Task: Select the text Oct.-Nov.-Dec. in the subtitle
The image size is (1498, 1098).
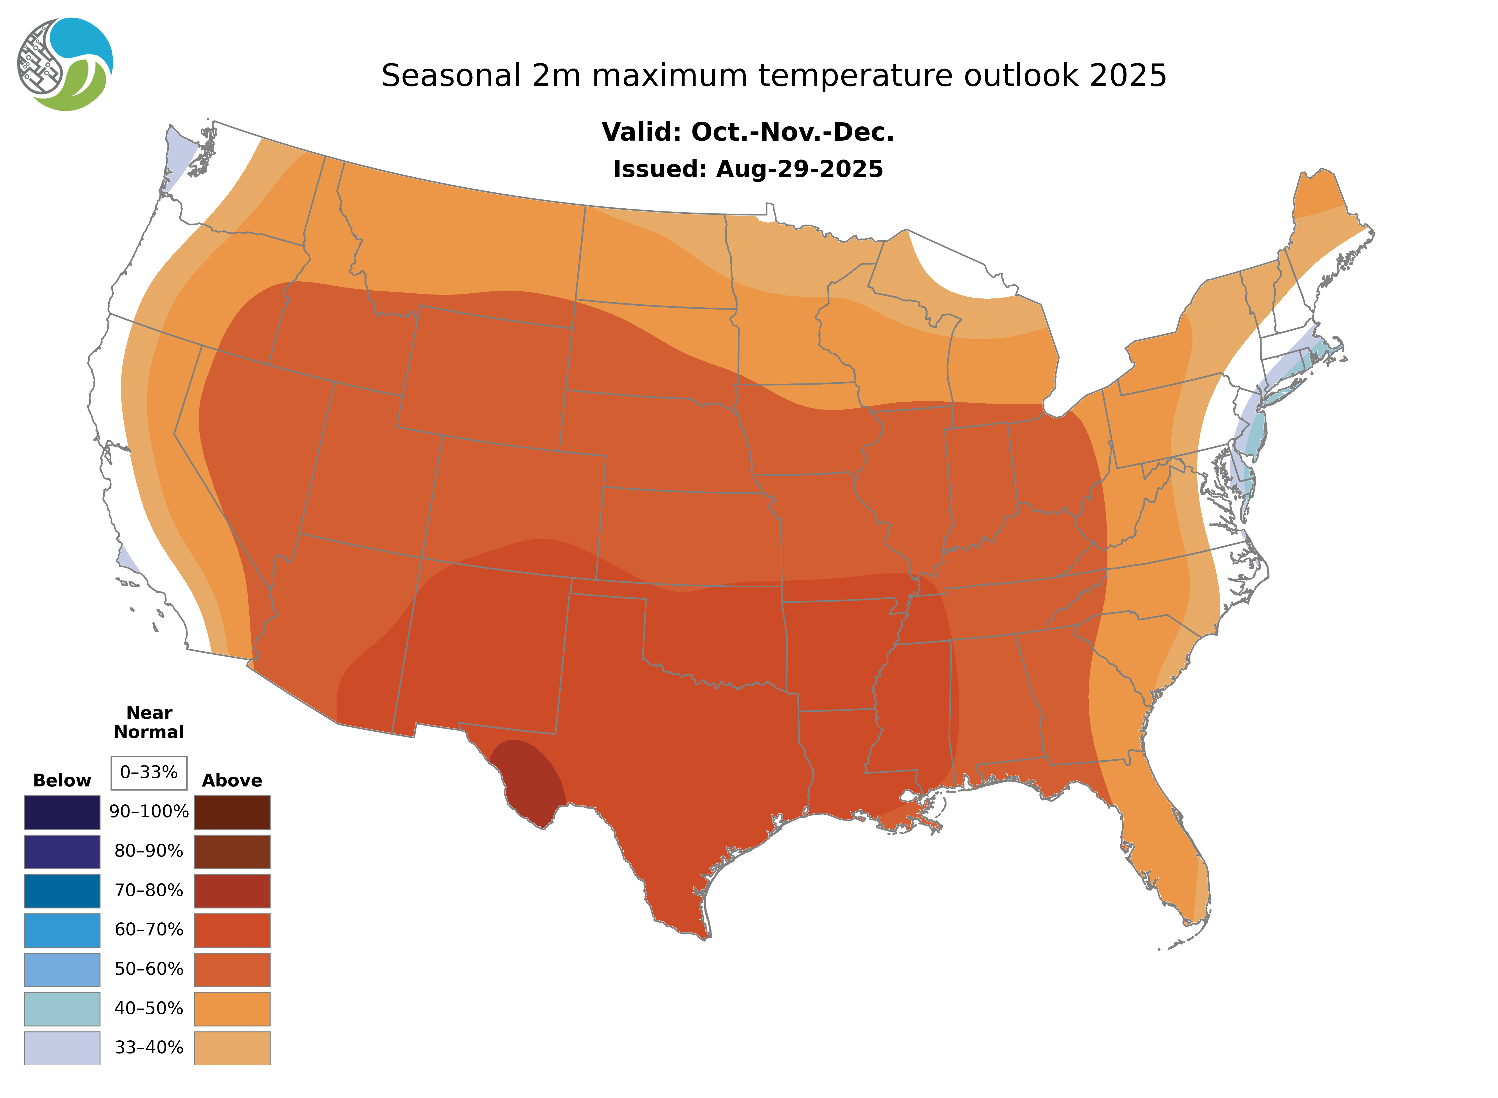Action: coord(793,132)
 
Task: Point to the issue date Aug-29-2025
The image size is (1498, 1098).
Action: coord(799,169)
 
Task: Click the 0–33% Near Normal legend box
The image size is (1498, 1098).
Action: coord(149,772)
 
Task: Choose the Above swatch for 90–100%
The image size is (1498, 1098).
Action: coord(232,812)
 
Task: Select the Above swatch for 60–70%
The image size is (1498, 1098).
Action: coord(232,930)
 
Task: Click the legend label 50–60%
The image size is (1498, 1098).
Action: coord(149,969)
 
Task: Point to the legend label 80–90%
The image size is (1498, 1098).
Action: coord(149,851)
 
